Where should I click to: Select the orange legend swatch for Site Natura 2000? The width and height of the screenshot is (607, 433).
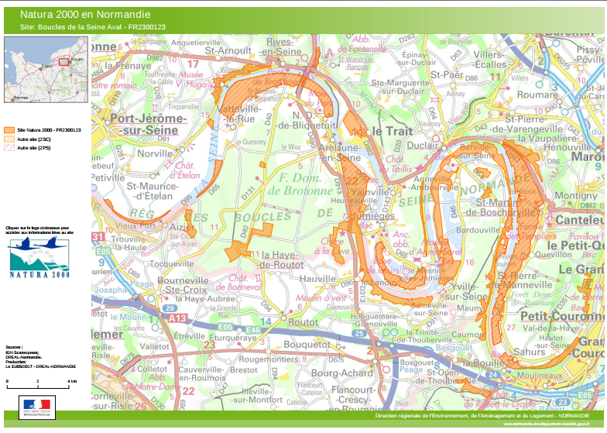(x=10, y=130)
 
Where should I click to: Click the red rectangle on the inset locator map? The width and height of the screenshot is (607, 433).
(x=63, y=62)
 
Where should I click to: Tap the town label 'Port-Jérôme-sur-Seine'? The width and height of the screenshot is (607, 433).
(x=148, y=125)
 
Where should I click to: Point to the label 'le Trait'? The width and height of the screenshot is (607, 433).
(x=393, y=131)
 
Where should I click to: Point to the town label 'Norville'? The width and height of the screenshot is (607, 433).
(x=153, y=153)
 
